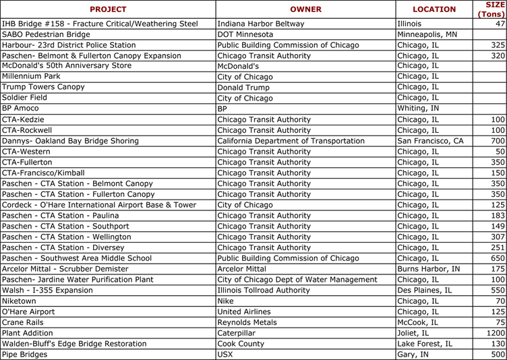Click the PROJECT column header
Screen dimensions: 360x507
[x=108, y=9]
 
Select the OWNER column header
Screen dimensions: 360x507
[x=305, y=9]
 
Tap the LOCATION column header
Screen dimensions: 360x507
[x=434, y=9]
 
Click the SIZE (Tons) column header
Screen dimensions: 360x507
[x=490, y=9]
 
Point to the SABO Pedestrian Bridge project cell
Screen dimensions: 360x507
[x=46, y=34]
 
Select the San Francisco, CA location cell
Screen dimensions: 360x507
[x=430, y=141]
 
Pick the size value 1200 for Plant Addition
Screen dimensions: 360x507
[x=496, y=333]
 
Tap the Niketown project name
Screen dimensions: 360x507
[x=20, y=301]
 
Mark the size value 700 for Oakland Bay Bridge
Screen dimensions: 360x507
[x=498, y=141]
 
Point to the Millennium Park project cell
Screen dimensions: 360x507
[x=34, y=77]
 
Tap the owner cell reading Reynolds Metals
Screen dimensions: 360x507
[x=247, y=322]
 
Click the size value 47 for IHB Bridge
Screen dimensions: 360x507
[x=500, y=24]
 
